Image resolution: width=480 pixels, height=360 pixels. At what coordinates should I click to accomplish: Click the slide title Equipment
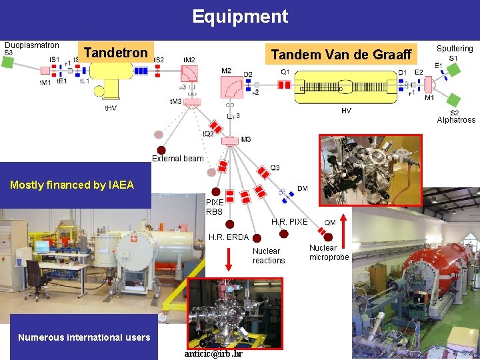pos(240,17)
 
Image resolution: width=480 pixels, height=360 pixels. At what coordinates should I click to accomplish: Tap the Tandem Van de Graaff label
pos(340,55)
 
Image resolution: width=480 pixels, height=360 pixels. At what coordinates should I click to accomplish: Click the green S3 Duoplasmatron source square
pos(8,62)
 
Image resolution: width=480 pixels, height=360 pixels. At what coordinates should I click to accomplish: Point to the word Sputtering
pos(455,49)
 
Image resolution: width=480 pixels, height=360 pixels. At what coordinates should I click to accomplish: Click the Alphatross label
pos(456,120)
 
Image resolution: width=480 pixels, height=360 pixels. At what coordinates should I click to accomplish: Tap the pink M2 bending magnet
pos(232,86)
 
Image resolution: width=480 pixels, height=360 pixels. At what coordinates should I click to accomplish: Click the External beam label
pos(177,159)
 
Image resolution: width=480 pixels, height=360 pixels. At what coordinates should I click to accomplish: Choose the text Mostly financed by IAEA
pos(72,185)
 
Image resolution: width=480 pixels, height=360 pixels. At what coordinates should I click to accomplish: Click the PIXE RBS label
pos(215,207)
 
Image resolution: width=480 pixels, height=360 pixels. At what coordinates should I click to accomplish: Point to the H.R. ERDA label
pos(229,237)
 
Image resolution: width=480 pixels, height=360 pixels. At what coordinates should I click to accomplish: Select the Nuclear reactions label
pos(269,256)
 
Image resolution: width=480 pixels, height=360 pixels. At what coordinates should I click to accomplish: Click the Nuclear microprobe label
pos(329,253)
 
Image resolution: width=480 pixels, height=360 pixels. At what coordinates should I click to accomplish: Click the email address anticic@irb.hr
pos(213,353)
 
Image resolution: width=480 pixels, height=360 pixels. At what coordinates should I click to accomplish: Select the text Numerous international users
pos(84,337)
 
